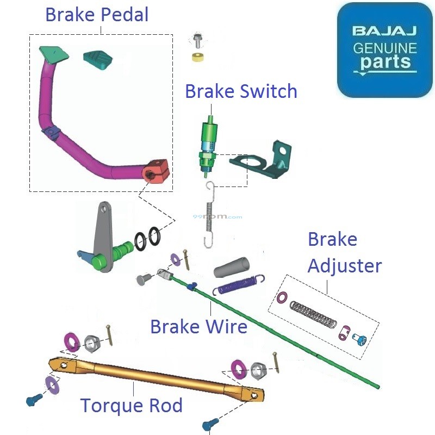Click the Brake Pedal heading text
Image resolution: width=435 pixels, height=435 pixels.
[96, 15]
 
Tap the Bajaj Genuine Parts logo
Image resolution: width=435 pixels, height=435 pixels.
[384, 50]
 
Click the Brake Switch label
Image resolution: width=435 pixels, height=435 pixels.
[241, 91]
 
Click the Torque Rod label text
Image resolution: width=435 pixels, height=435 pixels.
[131, 405]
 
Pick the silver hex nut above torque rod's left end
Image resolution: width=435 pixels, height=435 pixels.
[91, 343]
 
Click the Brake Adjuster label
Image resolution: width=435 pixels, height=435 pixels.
[344, 253]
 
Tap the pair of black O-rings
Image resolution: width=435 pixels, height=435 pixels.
[148, 238]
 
